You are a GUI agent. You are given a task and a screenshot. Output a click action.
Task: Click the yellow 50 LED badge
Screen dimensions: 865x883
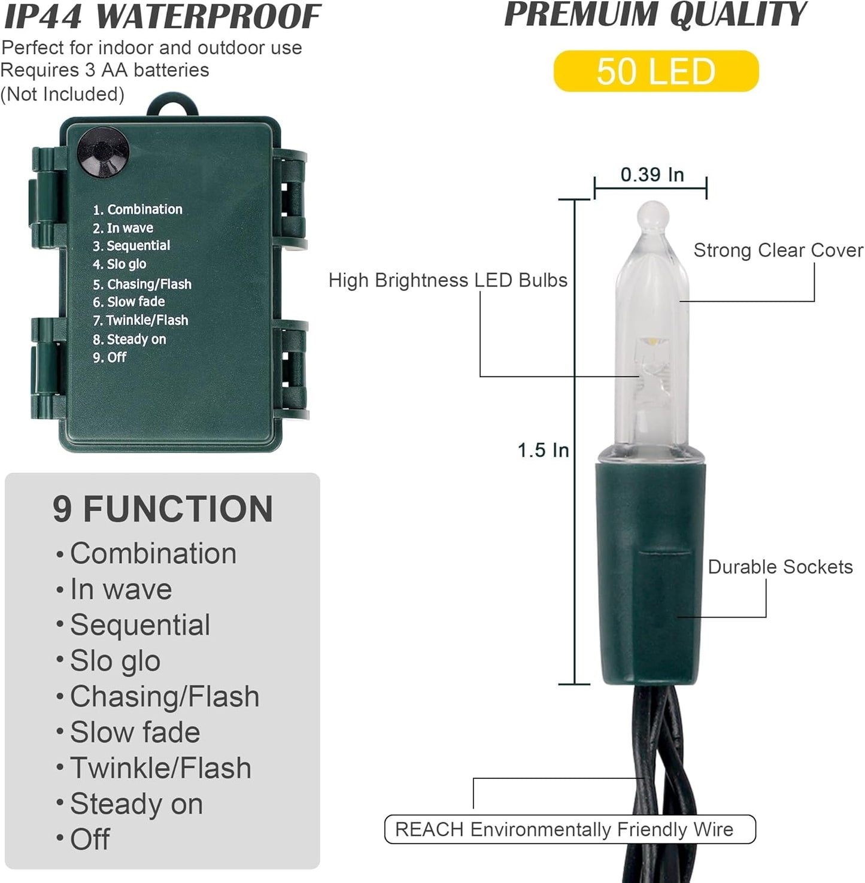pyautogui.click(x=656, y=71)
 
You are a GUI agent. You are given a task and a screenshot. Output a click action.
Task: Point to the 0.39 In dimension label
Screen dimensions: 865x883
pyautogui.click(x=652, y=174)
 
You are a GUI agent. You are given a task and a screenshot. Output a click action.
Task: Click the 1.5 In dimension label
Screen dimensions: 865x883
pyautogui.click(x=543, y=450)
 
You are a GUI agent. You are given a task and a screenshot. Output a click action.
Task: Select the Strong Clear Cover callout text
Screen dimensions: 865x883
pyautogui.click(x=778, y=250)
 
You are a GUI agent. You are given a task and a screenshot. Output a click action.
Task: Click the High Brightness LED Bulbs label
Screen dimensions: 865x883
pyautogui.click(x=448, y=280)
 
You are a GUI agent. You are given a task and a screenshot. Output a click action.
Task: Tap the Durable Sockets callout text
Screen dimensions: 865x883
pyautogui.click(x=780, y=566)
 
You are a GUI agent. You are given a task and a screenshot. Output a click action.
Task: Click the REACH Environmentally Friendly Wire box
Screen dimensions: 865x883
pyautogui.click(x=570, y=829)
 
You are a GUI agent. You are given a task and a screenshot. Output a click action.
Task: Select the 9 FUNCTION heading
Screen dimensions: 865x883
pyautogui.click(x=163, y=509)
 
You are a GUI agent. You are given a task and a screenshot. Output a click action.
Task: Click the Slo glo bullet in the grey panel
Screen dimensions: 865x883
pyautogui.click(x=108, y=661)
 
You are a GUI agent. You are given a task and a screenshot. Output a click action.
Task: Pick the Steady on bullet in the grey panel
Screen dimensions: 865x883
pyautogui.click(x=129, y=804)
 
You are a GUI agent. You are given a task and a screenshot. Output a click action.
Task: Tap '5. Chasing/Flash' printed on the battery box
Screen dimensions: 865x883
pyautogui.click(x=142, y=284)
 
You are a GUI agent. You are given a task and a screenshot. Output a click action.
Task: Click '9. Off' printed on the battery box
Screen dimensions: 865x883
pyautogui.click(x=110, y=357)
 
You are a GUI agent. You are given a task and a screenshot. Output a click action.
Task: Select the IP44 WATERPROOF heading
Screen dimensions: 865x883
pyautogui.click(x=162, y=16)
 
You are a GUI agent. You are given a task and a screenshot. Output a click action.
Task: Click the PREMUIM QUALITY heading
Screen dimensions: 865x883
pyautogui.click(x=655, y=14)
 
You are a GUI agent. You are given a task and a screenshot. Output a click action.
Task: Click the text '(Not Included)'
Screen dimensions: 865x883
pyautogui.click(x=62, y=94)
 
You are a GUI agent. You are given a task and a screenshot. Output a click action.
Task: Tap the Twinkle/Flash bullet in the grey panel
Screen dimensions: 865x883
pyautogui.click(x=153, y=768)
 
